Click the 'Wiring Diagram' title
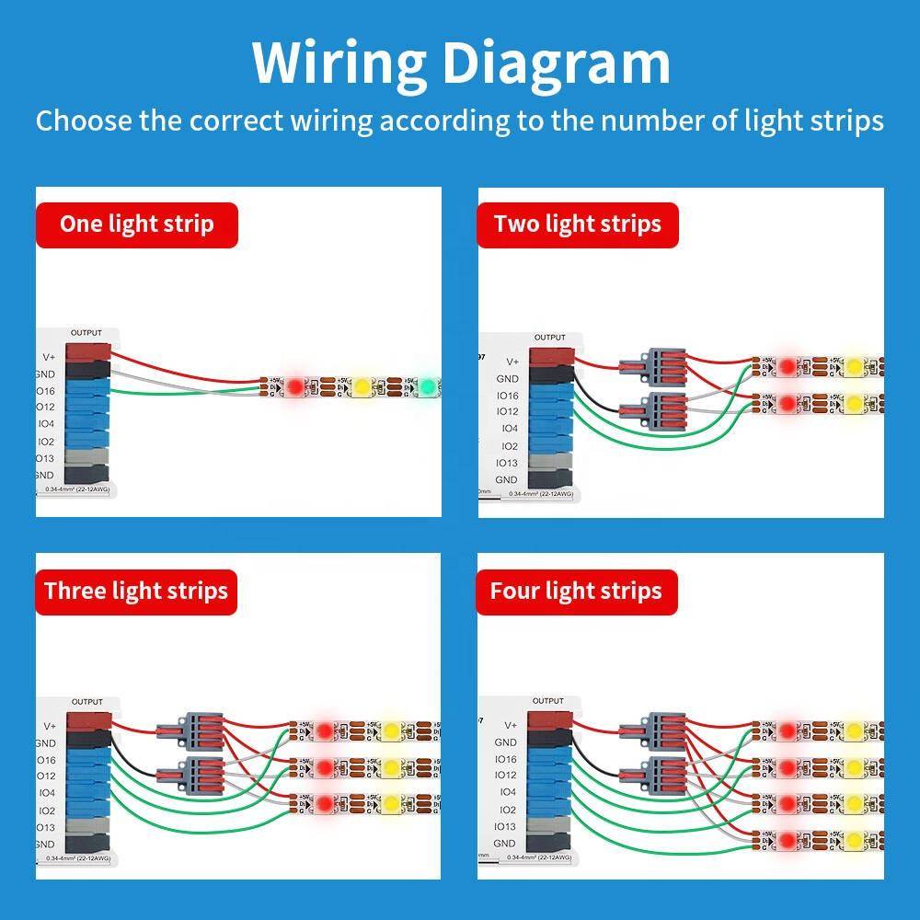point(461,63)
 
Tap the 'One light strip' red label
point(136,224)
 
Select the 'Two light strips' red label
point(577,224)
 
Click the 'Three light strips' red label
point(136,591)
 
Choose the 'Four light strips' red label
point(576,591)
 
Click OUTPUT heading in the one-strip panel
point(86,333)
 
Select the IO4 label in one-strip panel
point(46,424)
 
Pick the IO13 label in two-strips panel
point(507,463)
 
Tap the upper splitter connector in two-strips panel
point(654,365)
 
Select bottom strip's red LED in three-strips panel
point(324,805)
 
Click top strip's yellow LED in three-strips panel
point(391,731)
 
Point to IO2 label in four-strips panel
point(506,810)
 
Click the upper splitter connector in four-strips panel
point(654,730)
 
